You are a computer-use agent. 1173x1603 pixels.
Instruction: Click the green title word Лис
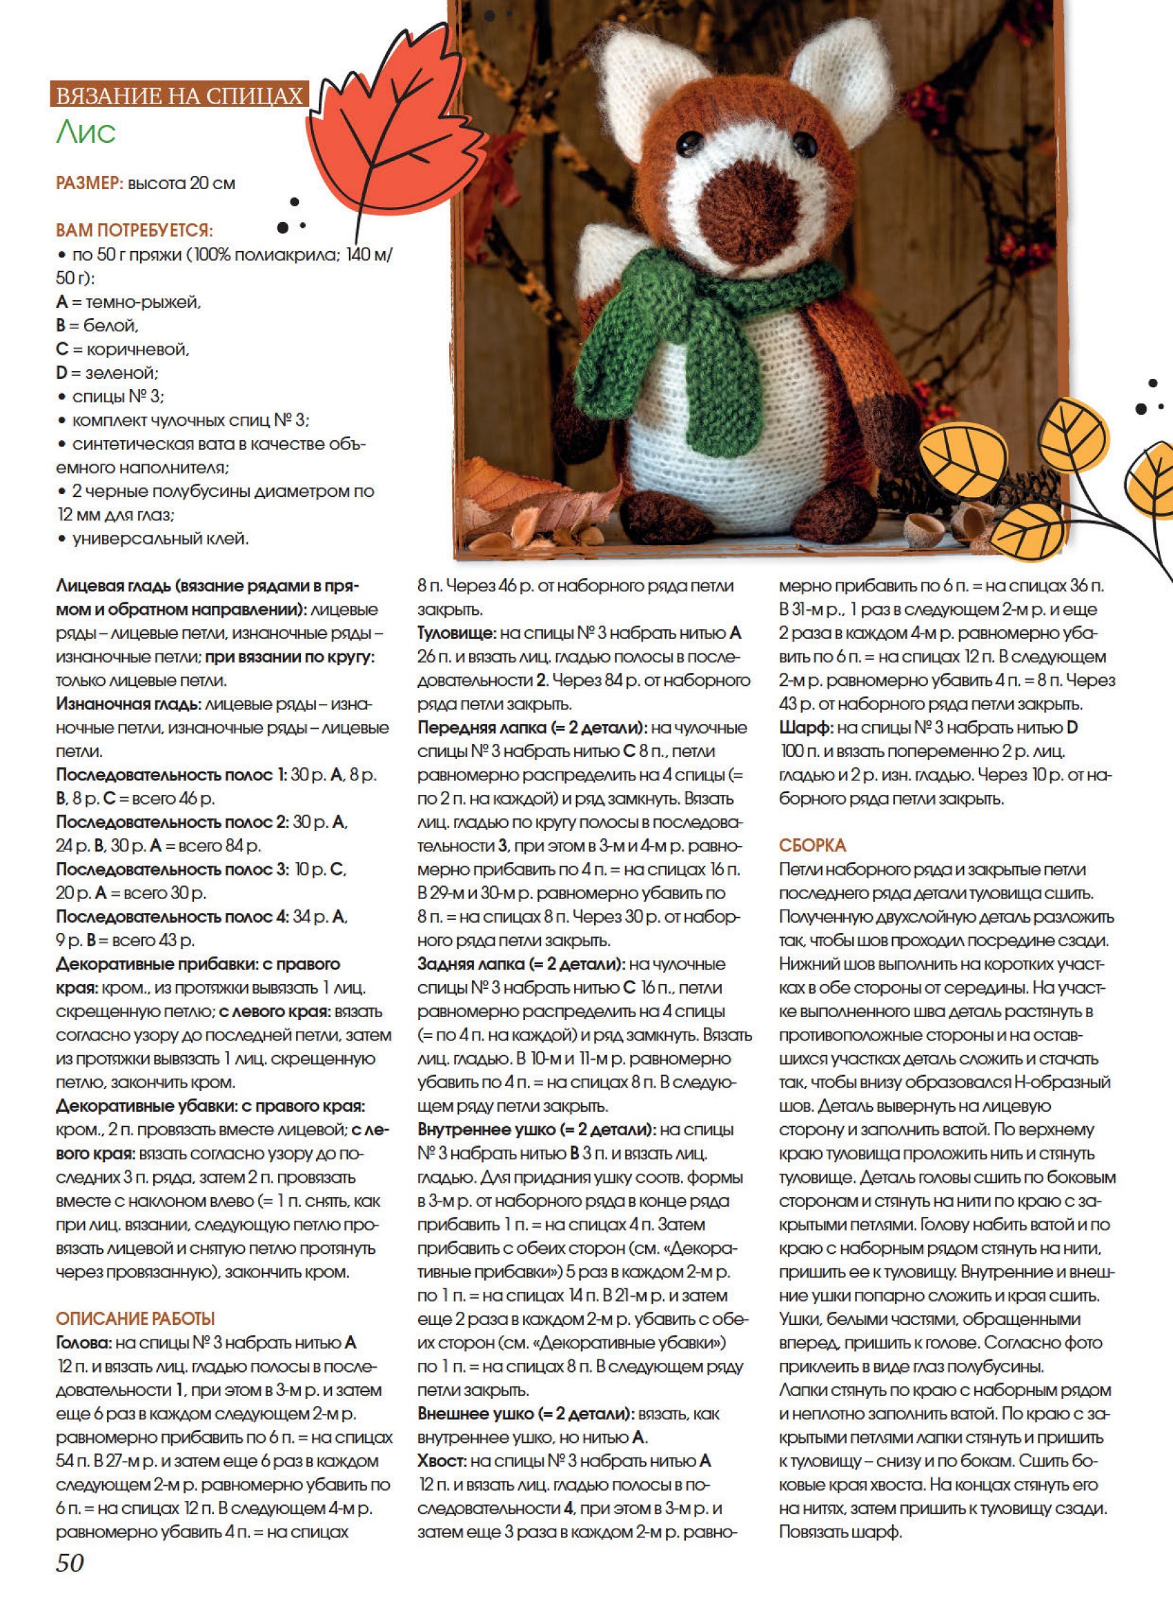click(x=85, y=132)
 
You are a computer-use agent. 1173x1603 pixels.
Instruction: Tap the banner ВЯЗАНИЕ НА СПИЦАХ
click(x=179, y=95)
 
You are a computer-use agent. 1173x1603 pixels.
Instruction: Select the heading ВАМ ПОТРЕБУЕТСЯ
click(x=134, y=230)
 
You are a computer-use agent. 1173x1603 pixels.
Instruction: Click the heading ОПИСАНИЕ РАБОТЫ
click(x=135, y=1318)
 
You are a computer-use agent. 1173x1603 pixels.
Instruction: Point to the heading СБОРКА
click(x=812, y=845)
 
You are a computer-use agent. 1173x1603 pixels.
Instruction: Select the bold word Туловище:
click(x=455, y=633)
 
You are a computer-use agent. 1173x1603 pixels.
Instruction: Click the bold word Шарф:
click(x=805, y=728)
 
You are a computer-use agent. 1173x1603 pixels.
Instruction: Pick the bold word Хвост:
click(x=441, y=1461)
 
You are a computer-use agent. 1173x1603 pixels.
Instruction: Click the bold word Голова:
click(x=83, y=1342)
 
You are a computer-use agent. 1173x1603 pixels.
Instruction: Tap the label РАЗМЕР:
click(x=90, y=183)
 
